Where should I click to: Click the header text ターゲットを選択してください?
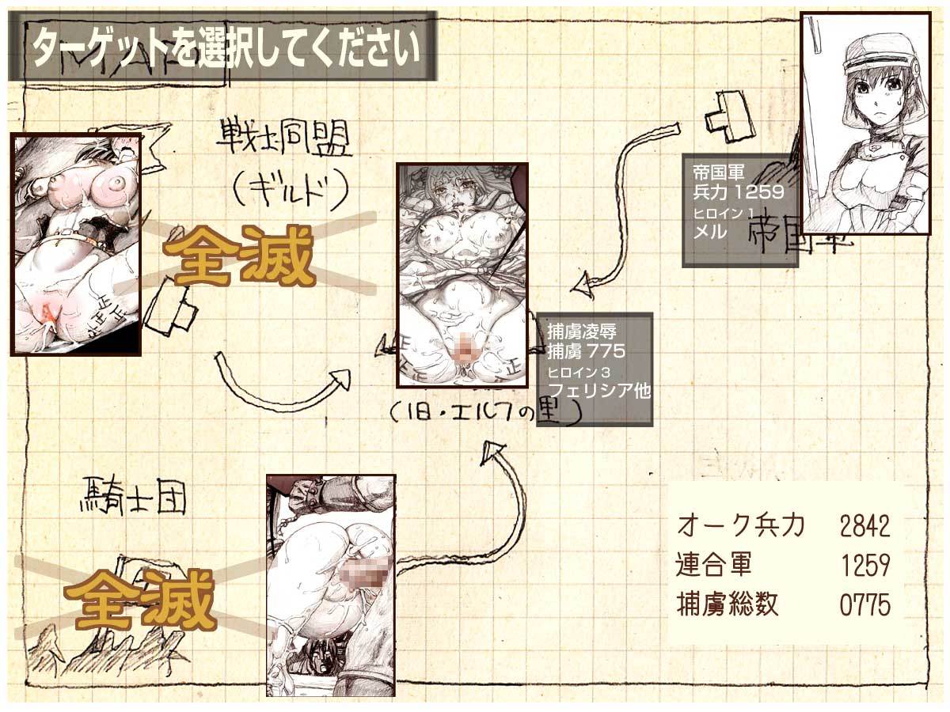pyautogui.click(x=224, y=47)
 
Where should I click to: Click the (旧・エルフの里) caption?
pyautogui.click(x=485, y=412)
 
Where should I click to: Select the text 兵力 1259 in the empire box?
pyautogui.click(x=737, y=191)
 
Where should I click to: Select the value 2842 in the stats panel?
pyautogui.click(x=864, y=525)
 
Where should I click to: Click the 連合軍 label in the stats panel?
pyautogui.click(x=714, y=566)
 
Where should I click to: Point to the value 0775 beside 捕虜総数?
pyautogui.click(x=864, y=606)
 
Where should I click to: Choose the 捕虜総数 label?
pyautogui.click(x=728, y=606)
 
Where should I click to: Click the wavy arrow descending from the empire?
pyautogui.click(x=625, y=206)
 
